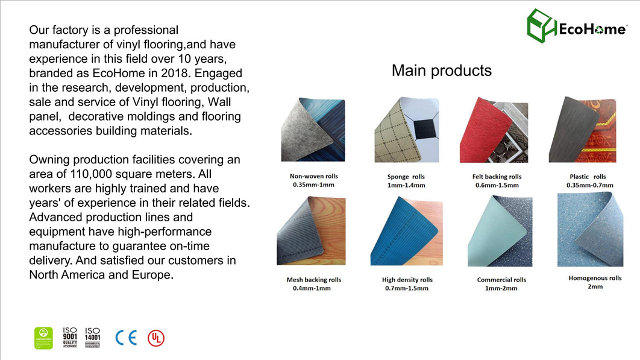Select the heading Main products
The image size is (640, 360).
point(441,71)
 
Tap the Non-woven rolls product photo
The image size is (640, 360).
point(313,130)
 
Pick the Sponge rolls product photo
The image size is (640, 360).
point(404,130)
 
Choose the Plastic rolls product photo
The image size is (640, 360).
point(582,129)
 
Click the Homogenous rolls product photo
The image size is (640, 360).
point(589,230)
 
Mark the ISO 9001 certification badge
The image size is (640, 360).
point(70,338)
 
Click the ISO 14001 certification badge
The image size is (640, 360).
point(92,338)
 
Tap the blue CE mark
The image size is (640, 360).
point(126,338)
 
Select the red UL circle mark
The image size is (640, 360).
point(156,338)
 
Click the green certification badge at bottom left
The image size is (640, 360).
point(43,338)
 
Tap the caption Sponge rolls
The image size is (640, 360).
point(406,177)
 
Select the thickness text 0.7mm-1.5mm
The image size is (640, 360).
point(407,288)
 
